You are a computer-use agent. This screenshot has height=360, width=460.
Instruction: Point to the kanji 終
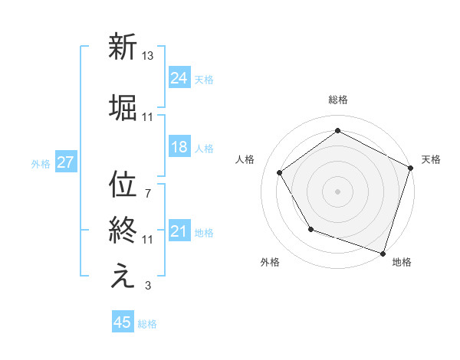[122, 231]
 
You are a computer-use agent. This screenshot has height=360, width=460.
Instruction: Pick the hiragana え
[122, 277]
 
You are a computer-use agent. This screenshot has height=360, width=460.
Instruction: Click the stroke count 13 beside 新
[148, 56]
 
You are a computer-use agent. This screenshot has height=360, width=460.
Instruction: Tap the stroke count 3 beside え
[147, 286]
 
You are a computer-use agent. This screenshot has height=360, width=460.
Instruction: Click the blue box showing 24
[179, 78]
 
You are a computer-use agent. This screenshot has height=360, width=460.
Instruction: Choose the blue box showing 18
[179, 147]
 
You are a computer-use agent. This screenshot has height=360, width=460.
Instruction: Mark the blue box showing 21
[179, 231]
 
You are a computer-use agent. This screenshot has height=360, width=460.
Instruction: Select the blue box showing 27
[65, 162]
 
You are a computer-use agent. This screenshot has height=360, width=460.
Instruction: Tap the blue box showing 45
[123, 322]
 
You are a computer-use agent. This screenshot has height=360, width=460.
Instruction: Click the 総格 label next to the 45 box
[147, 324]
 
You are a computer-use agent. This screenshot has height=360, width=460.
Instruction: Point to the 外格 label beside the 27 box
[41, 164]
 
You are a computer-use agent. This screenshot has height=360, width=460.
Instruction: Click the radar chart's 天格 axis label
[431, 159]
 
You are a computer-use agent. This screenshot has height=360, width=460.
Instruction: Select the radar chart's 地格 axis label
[402, 263]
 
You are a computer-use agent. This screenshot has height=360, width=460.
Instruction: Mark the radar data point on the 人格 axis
[280, 173]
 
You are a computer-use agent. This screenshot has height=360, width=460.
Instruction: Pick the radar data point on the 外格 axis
[310, 229]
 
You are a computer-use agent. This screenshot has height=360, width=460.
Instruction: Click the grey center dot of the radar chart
[337, 191]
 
